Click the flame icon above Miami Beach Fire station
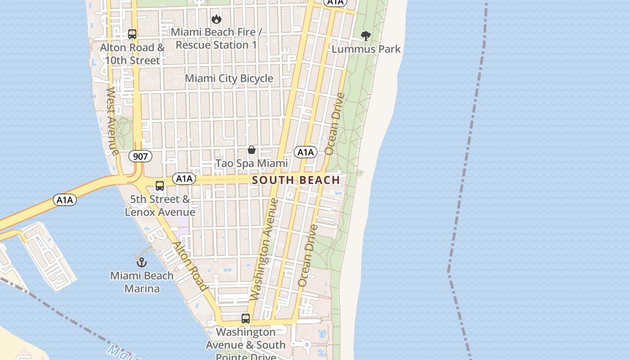tap(216, 19)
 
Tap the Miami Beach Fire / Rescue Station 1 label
tap(216, 39)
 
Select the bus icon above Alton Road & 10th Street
tap(132, 34)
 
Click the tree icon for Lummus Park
tap(366, 36)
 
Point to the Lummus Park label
tap(366, 49)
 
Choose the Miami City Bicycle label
tap(229, 78)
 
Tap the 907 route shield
tap(140, 157)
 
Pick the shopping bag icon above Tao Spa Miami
tap(252, 150)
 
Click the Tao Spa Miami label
tap(252, 163)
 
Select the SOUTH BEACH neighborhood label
tap(296, 180)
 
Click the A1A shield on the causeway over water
tap(65, 200)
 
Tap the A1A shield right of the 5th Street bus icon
tap(184, 179)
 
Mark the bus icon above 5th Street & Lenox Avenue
tap(159, 186)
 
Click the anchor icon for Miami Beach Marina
tap(142, 262)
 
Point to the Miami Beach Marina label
tap(142, 282)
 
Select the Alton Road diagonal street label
tap(191, 266)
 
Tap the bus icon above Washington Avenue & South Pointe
tap(245, 319)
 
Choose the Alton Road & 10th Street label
tap(132, 54)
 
